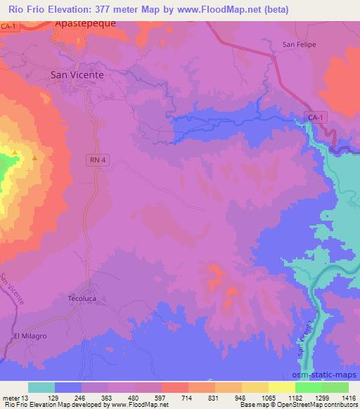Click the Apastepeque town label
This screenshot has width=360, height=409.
85,22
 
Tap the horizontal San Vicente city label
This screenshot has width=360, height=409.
77,74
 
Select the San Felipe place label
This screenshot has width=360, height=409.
300,44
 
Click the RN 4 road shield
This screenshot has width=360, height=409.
98,160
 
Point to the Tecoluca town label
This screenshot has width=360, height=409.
81,298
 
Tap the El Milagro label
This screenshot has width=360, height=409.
30,337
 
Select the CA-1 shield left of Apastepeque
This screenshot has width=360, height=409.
8,26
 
